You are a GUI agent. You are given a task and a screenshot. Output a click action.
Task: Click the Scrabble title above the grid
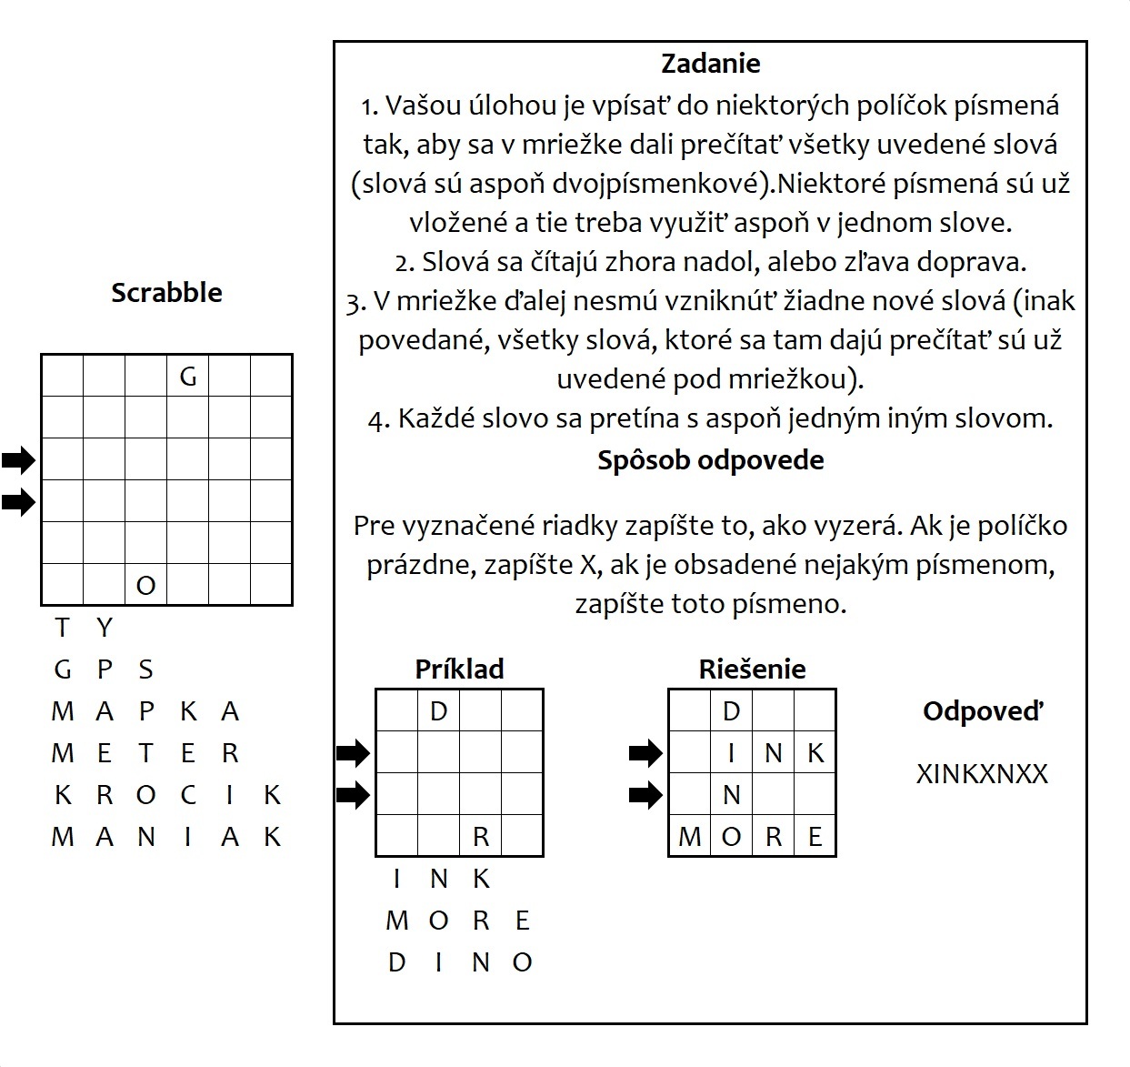(166, 293)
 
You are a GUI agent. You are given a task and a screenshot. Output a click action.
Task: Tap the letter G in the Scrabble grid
(188, 376)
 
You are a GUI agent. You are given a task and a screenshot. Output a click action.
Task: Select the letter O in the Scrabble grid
(145, 585)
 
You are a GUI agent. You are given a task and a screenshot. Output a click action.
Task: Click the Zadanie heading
(710, 64)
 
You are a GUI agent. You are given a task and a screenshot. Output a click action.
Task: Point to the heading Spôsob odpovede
(710, 460)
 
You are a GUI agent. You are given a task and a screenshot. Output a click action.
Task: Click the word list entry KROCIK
(166, 795)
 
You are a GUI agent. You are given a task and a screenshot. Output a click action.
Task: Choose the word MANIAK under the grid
(166, 837)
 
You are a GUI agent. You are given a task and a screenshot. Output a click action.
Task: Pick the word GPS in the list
(104, 669)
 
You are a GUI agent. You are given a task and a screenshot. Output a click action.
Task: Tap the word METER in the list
(145, 753)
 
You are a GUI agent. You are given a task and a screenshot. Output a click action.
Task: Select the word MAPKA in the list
(145, 711)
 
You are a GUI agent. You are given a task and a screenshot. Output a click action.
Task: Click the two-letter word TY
(84, 628)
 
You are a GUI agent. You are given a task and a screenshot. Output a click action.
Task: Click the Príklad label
(459, 669)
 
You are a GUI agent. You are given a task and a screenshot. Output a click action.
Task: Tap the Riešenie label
(752, 669)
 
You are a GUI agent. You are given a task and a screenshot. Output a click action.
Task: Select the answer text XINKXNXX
(982, 774)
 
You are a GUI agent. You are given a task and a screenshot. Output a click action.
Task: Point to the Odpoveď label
(983, 711)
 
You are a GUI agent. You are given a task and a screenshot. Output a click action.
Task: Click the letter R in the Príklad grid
(481, 837)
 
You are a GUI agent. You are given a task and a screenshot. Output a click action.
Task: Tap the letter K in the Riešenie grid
(815, 753)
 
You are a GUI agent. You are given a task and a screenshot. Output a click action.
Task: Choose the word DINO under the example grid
(459, 962)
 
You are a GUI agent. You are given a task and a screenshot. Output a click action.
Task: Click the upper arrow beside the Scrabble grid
(18, 460)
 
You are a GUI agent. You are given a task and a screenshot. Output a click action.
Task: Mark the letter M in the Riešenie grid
(689, 837)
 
